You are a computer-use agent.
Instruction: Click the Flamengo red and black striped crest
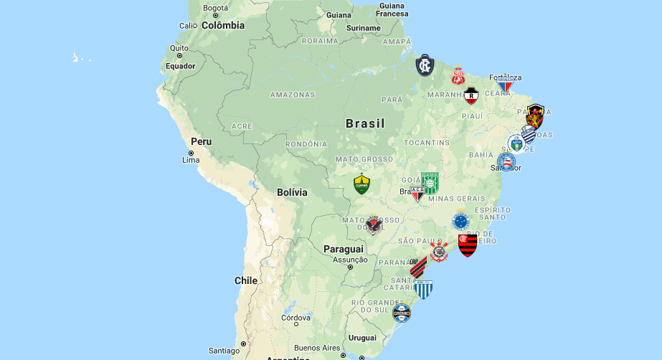(x=468, y=245)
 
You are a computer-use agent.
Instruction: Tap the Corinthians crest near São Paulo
(x=438, y=252)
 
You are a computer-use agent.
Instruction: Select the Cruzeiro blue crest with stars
(x=460, y=220)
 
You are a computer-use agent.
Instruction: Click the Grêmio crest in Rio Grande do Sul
(x=402, y=313)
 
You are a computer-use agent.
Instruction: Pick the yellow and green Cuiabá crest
(x=361, y=184)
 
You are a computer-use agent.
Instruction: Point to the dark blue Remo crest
(x=425, y=65)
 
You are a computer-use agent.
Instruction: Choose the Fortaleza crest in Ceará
(x=506, y=85)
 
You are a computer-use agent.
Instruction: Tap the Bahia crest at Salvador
(x=506, y=161)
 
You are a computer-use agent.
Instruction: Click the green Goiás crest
(x=430, y=182)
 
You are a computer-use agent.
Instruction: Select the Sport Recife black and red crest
(x=535, y=115)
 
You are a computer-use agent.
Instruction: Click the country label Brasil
(x=365, y=123)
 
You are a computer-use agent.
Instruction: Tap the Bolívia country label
(x=292, y=192)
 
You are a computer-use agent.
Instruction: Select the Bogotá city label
(x=215, y=9)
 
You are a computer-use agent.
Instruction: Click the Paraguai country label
(x=343, y=249)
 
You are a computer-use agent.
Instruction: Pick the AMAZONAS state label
(x=292, y=95)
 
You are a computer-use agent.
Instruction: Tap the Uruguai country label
(x=362, y=338)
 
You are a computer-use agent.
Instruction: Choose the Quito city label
(x=179, y=49)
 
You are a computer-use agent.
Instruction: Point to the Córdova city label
(x=295, y=318)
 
